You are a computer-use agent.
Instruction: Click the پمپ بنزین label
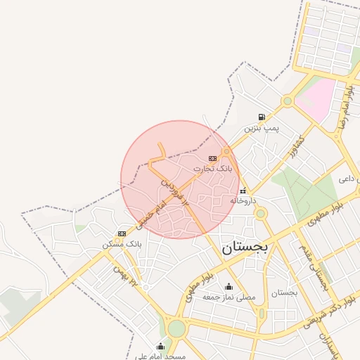262,129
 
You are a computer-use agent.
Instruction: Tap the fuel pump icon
262,117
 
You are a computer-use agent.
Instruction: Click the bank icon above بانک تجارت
213,159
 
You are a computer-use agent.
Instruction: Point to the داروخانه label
243,200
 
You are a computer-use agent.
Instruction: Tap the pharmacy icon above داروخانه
243,191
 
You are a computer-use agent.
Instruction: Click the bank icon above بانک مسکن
122,233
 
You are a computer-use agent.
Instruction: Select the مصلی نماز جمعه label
229,297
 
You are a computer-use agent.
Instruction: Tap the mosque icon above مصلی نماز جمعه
229,287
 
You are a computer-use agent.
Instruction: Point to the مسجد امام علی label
162,356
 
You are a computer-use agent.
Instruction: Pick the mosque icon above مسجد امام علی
161,346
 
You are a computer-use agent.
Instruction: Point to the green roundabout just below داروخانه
261,213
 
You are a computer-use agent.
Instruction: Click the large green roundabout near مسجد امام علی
176,328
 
